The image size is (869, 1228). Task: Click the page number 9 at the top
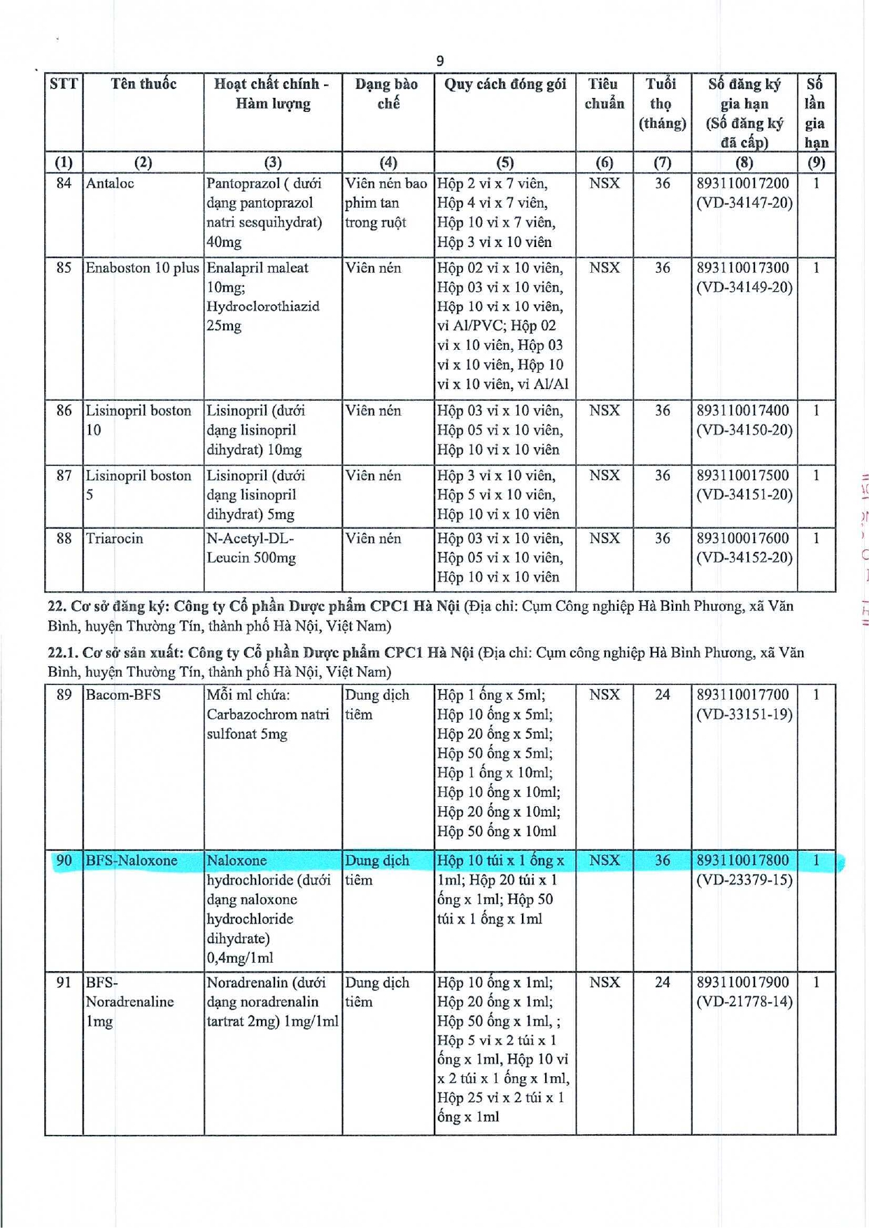tap(439, 61)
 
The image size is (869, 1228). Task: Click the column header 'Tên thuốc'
tap(143, 85)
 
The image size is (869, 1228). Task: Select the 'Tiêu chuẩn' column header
tap(604, 94)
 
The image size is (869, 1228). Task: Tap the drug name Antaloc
tap(110, 184)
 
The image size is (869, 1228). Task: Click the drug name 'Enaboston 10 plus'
tap(142, 268)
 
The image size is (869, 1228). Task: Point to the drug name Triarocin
tap(114, 539)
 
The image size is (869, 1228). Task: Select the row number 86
tap(64, 411)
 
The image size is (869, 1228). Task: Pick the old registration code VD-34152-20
tap(744, 558)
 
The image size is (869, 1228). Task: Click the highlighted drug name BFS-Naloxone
tap(132, 861)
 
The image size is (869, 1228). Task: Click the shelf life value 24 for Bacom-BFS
tap(662, 695)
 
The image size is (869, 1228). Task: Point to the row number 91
tap(64, 982)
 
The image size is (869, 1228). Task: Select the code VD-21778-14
tap(744, 1002)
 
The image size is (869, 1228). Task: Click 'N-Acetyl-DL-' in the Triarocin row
tap(250, 539)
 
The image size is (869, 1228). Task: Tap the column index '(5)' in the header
tap(504, 163)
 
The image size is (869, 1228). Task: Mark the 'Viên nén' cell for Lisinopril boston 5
tap(373, 476)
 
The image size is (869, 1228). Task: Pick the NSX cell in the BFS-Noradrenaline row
tap(604, 982)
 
